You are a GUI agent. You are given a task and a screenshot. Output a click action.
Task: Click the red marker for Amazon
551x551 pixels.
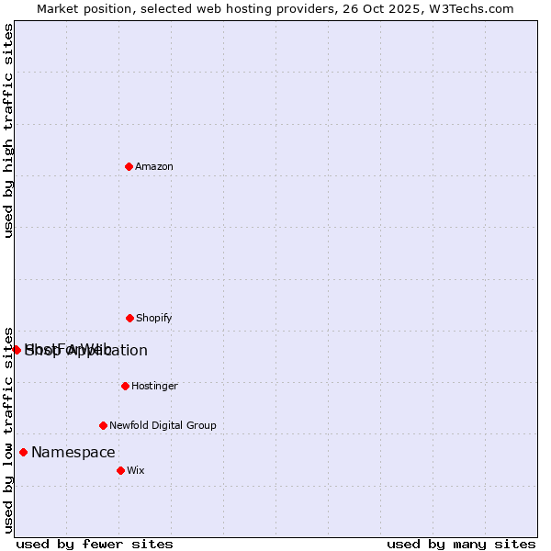pos(129,166)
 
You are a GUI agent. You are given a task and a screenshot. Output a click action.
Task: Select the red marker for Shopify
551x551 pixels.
pos(129,318)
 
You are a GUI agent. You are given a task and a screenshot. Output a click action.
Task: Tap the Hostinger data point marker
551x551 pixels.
pos(125,386)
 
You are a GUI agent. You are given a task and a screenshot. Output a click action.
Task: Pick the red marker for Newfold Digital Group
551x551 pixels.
pos(103,425)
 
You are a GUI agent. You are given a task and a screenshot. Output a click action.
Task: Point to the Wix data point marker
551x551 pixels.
pos(120,470)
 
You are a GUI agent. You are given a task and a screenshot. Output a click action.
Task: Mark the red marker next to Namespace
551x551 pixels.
pos(23,452)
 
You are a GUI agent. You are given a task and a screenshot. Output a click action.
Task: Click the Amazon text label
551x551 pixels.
pos(154,166)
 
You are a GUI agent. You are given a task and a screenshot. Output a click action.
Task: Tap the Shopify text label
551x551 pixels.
pos(154,318)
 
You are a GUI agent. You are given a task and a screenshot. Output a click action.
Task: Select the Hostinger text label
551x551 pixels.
pos(154,386)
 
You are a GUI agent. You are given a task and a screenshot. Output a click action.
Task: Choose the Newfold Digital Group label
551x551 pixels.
pos(163,425)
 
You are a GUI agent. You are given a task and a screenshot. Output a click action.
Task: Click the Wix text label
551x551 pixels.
pos(136,470)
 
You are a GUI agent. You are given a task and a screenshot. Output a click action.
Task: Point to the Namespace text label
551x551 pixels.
pos(73,452)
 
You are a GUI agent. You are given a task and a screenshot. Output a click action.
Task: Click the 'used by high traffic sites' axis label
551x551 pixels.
pos(8,130)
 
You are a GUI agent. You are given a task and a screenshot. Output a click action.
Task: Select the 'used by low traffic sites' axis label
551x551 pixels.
pos(8,429)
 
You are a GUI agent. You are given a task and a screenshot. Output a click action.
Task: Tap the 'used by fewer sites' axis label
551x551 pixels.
pos(95,544)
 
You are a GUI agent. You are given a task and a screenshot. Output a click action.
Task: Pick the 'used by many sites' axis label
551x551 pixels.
pos(461,544)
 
